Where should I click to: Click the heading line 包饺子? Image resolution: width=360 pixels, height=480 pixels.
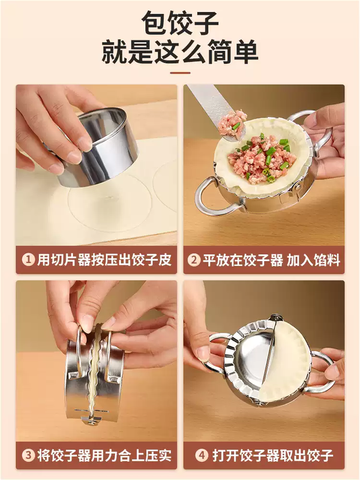tap(180, 24)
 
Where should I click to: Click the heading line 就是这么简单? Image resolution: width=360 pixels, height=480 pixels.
tap(180, 53)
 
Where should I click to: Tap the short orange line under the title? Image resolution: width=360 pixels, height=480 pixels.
tap(180, 73)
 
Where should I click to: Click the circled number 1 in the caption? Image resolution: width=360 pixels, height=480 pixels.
tap(28, 260)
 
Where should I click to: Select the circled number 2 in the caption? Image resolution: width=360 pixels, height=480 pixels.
tap(194, 260)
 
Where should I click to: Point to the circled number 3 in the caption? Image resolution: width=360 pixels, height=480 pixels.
tap(28, 455)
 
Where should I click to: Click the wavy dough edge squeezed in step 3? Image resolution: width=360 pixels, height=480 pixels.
tap(93, 372)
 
